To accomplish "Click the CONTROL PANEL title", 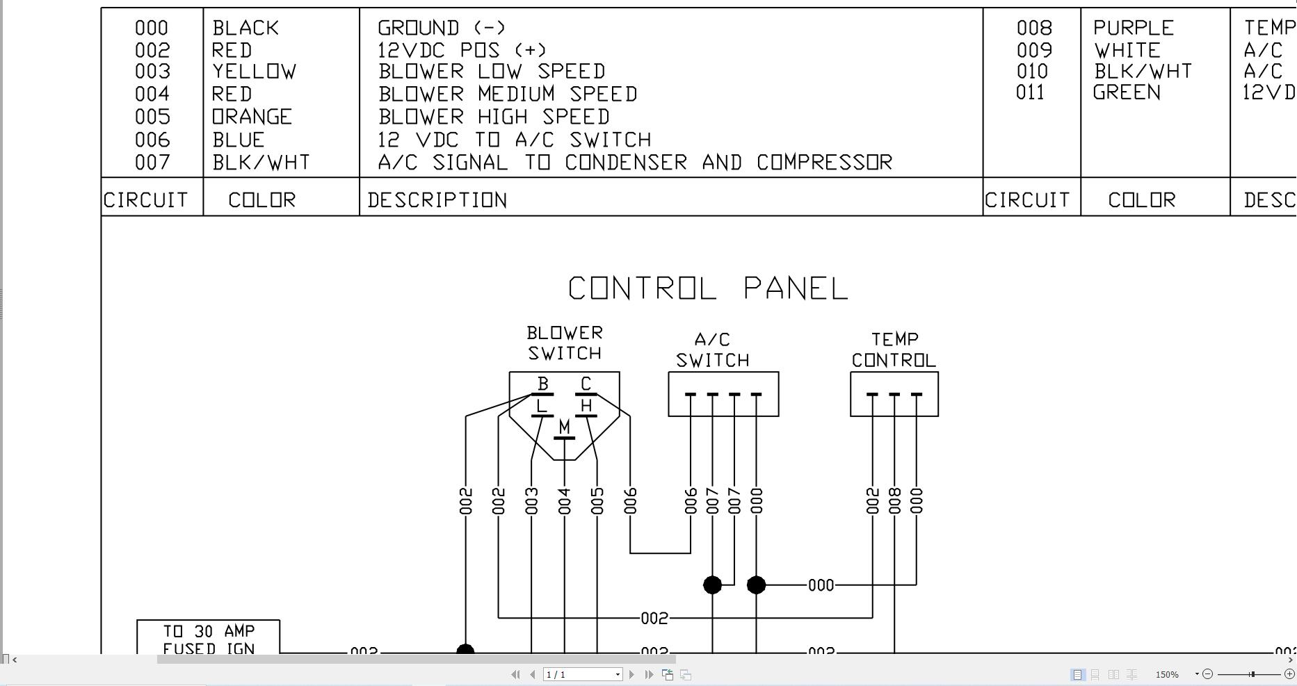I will point(708,288).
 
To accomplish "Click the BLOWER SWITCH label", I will point(564,343).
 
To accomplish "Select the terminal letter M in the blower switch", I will point(564,426).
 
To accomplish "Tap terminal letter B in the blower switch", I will point(543,383).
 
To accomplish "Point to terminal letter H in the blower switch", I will point(586,405).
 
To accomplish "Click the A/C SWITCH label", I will point(713,350).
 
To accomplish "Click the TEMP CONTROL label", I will point(894,350).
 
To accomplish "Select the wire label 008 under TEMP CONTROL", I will point(895,501).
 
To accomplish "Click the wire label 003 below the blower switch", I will point(532,501).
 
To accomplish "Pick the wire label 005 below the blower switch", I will point(597,501).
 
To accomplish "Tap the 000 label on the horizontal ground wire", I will point(821,585).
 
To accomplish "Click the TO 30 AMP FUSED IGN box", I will point(209,638).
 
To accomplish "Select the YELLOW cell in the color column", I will point(255,72).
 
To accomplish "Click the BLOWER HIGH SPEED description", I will point(494,117).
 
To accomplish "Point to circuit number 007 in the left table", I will point(152,163).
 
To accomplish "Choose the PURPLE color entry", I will point(1133,28).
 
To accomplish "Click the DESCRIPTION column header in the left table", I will point(437,200).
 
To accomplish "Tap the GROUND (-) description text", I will point(442,28).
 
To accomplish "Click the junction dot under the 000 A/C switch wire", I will point(756,585).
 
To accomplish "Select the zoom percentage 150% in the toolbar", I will point(1167,674).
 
